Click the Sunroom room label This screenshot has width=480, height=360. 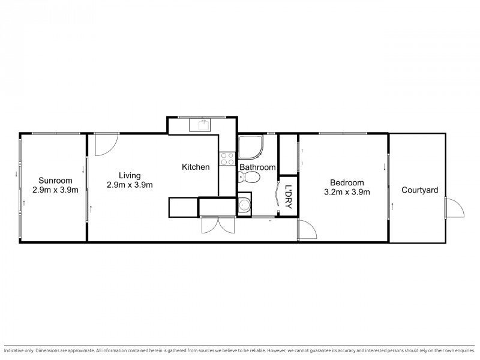click(55, 181)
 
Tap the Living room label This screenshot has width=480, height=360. click(130, 176)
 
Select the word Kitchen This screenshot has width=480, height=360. click(196, 167)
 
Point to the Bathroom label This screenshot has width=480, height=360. click(257, 167)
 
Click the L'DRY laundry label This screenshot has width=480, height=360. click(288, 197)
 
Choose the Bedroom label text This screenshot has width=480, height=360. click(347, 183)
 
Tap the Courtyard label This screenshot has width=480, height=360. click(419, 190)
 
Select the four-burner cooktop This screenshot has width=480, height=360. click(227, 159)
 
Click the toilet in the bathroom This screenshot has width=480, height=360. click(248, 177)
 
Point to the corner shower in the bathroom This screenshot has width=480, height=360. click(251, 148)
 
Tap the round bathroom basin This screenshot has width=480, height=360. click(244, 205)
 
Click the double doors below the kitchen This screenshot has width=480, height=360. click(218, 226)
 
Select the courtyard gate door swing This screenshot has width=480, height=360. click(455, 208)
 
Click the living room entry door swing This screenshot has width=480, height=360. click(107, 145)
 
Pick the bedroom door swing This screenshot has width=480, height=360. click(307, 229)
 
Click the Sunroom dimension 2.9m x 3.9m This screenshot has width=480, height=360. click(55, 190)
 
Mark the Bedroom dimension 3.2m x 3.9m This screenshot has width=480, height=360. click(347, 192)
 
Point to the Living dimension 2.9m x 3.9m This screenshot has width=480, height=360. click(130, 185)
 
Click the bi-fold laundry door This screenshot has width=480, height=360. click(277, 197)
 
